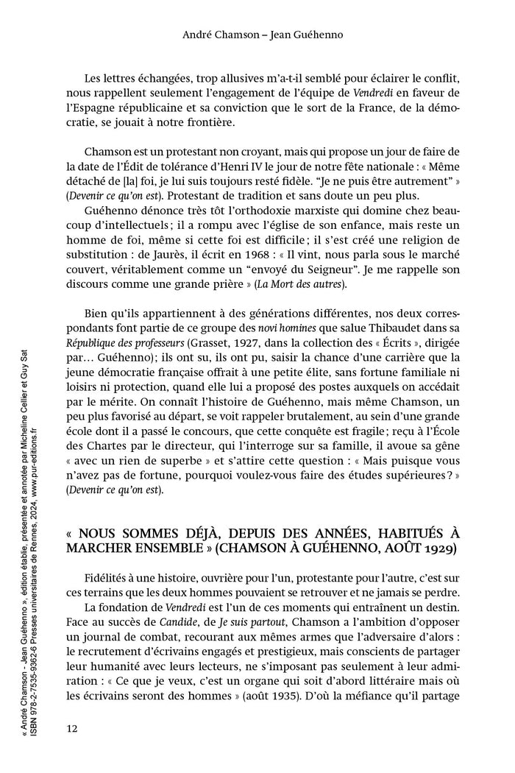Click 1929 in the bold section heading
coord(432,548)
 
